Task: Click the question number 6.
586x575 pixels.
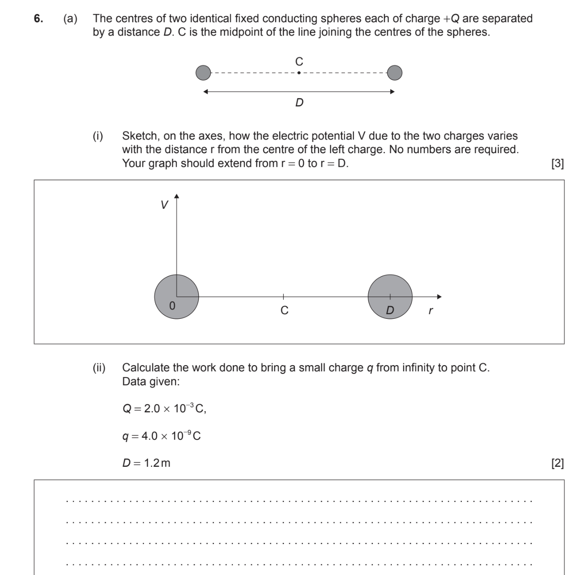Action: coord(38,18)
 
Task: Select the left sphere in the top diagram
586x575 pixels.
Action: coord(203,73)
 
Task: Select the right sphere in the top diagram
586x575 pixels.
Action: coord(394,73)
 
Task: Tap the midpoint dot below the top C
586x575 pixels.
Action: coord(299,73)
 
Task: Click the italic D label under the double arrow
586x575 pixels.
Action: coord(299,103)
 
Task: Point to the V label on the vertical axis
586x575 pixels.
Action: coord(164,205)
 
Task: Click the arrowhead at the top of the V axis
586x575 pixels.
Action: coord(177,196)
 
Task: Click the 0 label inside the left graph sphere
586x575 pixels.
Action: coord(172,306)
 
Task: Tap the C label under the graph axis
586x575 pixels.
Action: coord(284,310)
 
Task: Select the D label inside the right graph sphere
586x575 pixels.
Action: coord(390,310)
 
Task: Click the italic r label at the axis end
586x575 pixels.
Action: coord(430,310)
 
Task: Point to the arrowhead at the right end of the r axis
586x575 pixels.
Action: coord(439,297)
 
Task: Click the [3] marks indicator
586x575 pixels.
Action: coord(557,163)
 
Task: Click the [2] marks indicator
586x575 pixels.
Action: coord(557,463)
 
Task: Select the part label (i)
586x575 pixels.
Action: coord(98,136)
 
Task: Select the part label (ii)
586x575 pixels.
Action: coord(99,368)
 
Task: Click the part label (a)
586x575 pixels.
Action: coord(70,18)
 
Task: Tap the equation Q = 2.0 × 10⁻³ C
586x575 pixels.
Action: coord(164,408)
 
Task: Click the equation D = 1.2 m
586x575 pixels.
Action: coord(146,463)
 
